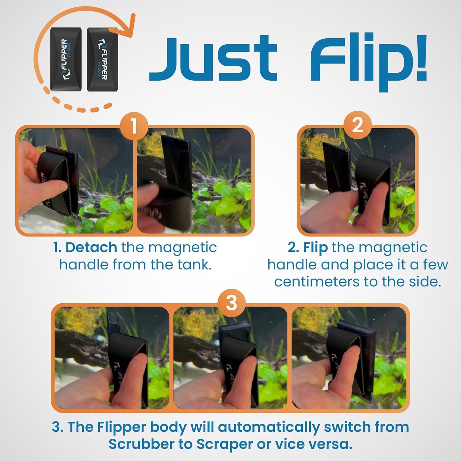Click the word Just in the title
click(x=213, y=59)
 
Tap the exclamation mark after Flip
click(x=420, y=57)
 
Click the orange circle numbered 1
click(x=134, y=126)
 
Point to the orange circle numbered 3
click(x=231, y=303)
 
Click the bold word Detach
click(x=91, y=248)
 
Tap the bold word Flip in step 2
click(x=315, y=248)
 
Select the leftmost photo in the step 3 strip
click(x=112, y=357)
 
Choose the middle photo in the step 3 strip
click(x=230, y=357)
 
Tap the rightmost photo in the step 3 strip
click(x=349, y=357)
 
